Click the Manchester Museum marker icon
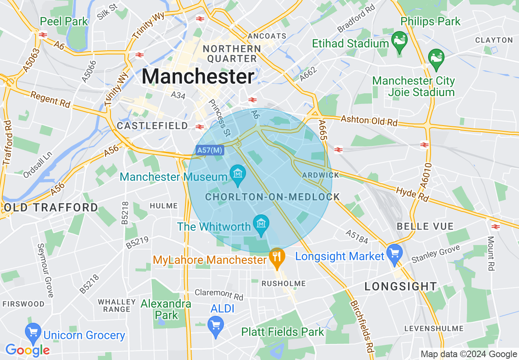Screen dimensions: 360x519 click(x=237, y=173)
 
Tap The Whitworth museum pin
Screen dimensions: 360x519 click(x=261, y=224)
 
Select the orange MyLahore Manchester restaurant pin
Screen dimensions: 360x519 click(x=277, y=257)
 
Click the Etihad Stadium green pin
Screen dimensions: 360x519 click(x=399, y=41)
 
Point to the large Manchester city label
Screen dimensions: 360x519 click(x=198, y=76)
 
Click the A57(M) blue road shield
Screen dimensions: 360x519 click(x=210, y=150)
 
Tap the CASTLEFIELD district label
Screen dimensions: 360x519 click(x=152, y=126)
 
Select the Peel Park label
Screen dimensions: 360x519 click(x=64, y=21)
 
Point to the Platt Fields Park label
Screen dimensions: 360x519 click(x=282, y=331)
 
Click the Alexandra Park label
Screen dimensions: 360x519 click(x=166, y=309)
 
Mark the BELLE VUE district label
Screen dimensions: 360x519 click(x=425, y=226)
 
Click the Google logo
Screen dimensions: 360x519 click(x=27, y=350)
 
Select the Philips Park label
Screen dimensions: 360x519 click(x=431, y=21)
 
